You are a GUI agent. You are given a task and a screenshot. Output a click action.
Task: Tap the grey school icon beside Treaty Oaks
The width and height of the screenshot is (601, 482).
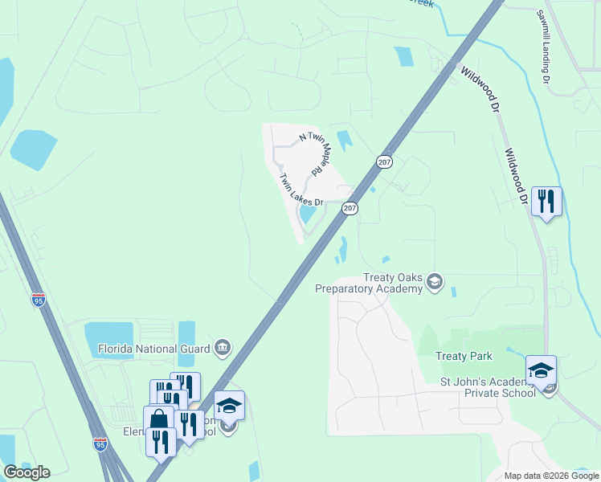(x=435, y=280)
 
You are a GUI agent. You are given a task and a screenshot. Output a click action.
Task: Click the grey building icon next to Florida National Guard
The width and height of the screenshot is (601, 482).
(x=223, y=348)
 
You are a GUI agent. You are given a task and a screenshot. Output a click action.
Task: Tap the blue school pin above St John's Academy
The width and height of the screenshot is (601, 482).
(x=541, y=370)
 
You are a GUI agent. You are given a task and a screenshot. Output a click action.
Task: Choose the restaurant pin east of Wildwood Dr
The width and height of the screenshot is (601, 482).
(x=546, y=201)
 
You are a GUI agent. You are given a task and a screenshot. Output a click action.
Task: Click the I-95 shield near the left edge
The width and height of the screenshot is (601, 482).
(x=39, y=300)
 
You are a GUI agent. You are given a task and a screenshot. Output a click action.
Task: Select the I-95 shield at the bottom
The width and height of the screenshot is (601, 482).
(x=100, y=443)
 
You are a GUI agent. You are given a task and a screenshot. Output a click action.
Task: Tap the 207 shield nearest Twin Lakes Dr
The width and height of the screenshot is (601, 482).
(x=350, y=208)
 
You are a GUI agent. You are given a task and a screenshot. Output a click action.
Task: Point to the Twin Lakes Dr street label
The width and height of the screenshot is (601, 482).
(x=300, y=190)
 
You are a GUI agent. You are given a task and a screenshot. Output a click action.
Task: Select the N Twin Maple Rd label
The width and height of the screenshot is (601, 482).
(x=311, y=154)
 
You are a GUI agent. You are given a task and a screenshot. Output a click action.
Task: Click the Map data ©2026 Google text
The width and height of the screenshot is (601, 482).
(x=551, y=476)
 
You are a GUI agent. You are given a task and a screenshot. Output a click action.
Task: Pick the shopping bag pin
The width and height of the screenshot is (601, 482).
(x=159, y=420)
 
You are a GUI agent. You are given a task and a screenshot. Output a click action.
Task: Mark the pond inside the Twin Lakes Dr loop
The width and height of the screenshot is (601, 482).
(x=307, y=214)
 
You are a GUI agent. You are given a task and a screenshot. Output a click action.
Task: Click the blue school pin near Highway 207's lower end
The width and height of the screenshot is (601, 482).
(x=230, y=406)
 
